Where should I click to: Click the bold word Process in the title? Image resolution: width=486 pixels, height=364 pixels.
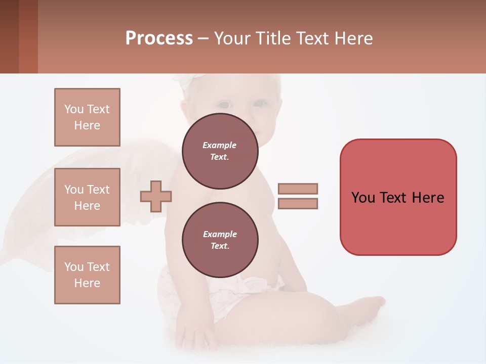point(159,38)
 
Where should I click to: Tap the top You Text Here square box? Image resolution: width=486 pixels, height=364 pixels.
point(87,117)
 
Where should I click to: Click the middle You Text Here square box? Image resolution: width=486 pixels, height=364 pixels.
point(87,197)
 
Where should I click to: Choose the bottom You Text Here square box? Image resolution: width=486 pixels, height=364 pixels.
point(87,275)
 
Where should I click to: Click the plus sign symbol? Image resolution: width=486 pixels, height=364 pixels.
point(156,196)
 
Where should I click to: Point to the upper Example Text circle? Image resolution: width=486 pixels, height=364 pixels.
point(220,151)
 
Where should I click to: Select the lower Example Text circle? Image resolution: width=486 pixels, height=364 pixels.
point(220,240)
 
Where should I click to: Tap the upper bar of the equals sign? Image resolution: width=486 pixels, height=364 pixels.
point(298,189)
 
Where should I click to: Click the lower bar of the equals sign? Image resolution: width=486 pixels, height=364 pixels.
point(298,204)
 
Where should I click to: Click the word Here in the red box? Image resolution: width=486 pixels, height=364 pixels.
point(428,198)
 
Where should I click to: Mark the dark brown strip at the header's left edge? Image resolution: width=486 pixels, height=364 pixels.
point(9,36)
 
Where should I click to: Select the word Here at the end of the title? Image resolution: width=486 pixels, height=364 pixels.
point(353,38)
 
